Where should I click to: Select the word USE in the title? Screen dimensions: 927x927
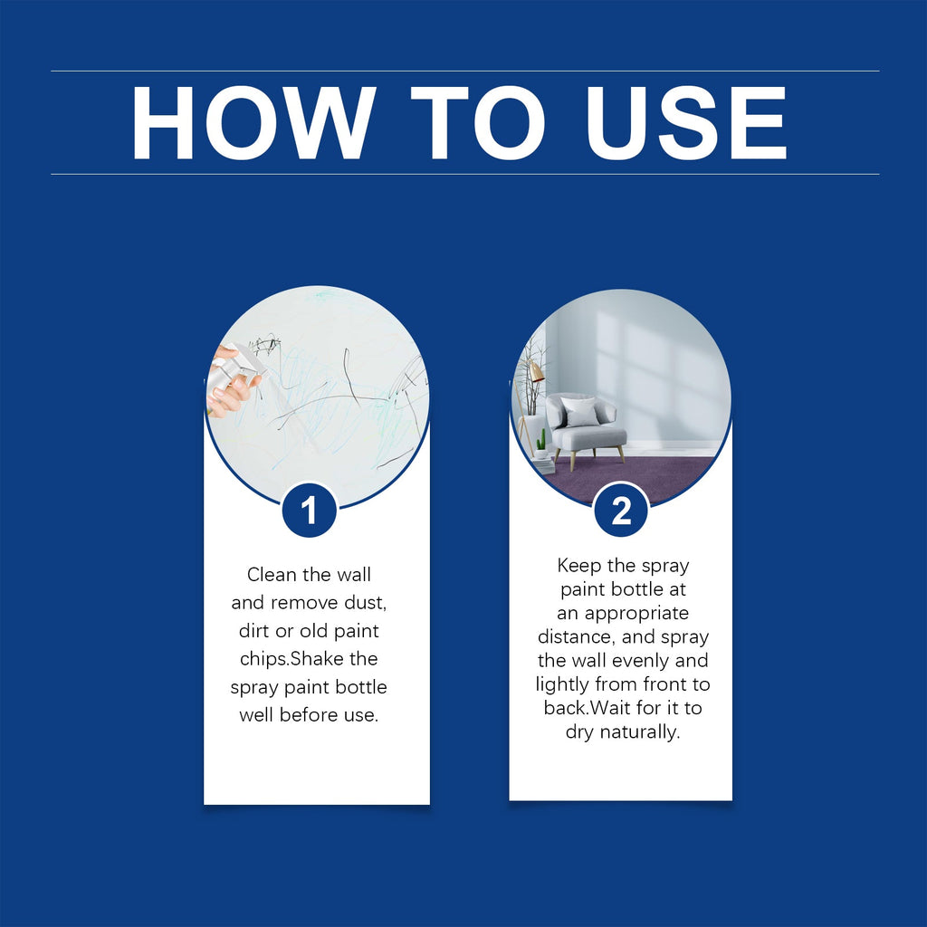[x=685, y=123]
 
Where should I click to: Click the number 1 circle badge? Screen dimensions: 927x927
[x=309, y=511]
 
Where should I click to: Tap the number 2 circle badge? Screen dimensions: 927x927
[x=621, y=511]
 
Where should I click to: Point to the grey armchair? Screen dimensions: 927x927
[x=587, y=428]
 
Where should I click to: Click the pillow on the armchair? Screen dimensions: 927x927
[x=580, y=413]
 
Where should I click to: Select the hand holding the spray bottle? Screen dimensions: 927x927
[x=231, y=384]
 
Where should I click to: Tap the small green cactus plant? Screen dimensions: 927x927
[x=541, y=443]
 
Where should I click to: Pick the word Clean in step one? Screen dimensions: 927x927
[x=271, y=575]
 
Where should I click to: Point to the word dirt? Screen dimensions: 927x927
[x=254, y=631]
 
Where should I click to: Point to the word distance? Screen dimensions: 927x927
[x=575, y=636]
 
